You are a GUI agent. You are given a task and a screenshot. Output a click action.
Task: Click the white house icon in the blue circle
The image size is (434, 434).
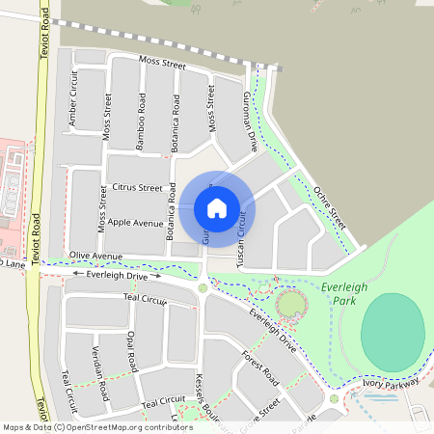(217, 207)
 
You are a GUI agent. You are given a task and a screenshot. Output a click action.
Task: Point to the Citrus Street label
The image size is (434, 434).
(137, 187)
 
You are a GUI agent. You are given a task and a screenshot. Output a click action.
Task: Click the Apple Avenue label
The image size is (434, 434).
(136, 222)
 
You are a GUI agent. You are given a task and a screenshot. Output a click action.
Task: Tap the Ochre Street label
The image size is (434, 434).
(330, 206)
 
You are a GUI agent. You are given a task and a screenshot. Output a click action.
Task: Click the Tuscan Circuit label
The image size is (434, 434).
(241, 237)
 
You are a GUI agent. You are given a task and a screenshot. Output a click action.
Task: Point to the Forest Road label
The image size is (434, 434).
(260, 365)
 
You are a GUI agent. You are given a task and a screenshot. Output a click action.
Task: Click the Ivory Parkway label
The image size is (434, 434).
(390, 383)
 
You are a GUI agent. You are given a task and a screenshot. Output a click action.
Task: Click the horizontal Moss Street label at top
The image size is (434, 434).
(161, 63)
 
